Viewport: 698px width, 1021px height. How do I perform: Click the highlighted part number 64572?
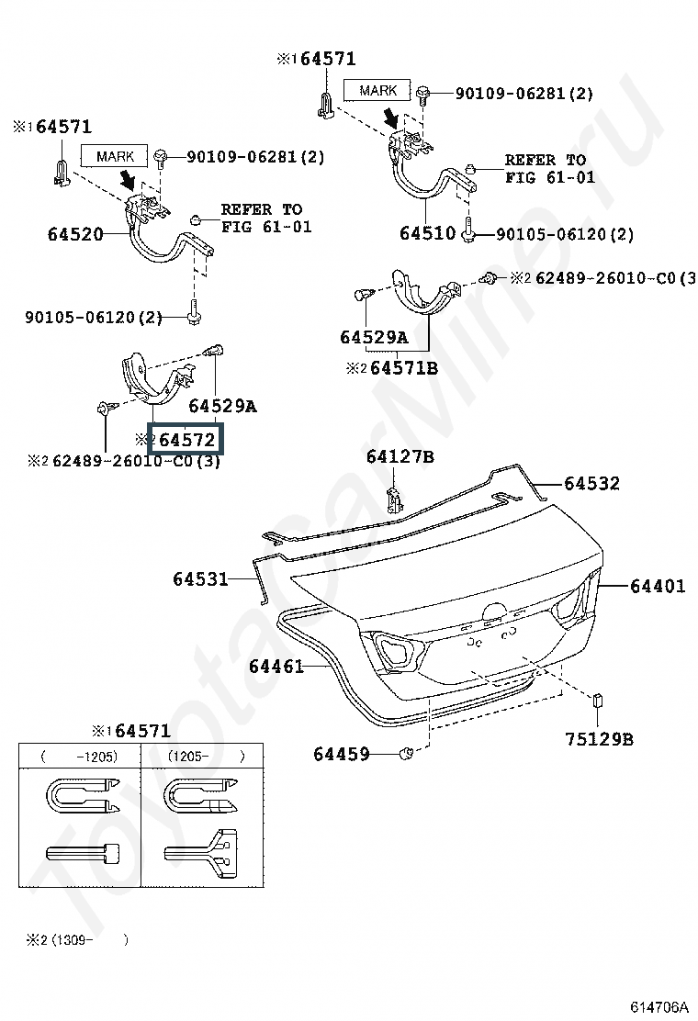pyautogui.click(x=186, y=440)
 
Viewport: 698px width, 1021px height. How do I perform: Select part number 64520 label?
pyautogui.click(x=75, y=234)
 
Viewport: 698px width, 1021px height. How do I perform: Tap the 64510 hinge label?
pyautogui.click(x=427, y=233)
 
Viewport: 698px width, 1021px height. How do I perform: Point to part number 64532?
pyautogui.click(x=591, y=483)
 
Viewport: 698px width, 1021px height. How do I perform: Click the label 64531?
pyautogui.click(x=200, y=578)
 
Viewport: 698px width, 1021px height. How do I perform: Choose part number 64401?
pyautogui.click(x=657, y=586)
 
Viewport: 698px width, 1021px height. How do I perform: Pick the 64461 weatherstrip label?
pyautogui.click(x=276, y=667)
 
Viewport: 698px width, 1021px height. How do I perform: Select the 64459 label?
pyautogui.click(x=341, y=754)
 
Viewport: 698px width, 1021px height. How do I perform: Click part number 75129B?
pyautogui.click(x=598, y=738)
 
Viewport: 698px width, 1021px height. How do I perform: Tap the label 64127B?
pyautogui.click(x=400, y=456)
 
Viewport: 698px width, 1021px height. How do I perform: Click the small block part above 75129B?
pyautogui.click(x=598, y=701)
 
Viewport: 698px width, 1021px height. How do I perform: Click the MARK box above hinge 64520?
pyautogui.click(x=115, y=156)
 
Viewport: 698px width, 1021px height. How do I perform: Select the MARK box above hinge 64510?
pyautogui.click(x=377, y=90)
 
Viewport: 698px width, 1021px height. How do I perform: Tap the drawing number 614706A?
pyautogui.click(x=658, y=1007)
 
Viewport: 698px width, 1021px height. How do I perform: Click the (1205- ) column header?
pyautogui.click(x=206, y=757)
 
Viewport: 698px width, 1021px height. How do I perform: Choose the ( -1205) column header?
pyautogui.click(x=80, y=757)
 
